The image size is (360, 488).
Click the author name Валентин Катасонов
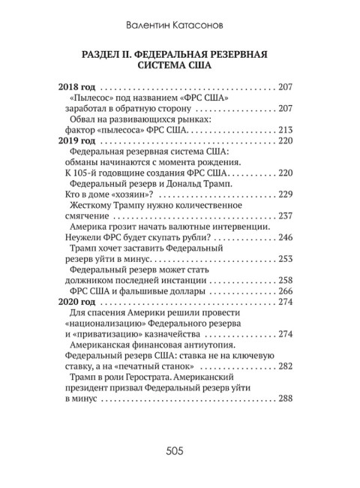pyautogui.click(x=180, y=25)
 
